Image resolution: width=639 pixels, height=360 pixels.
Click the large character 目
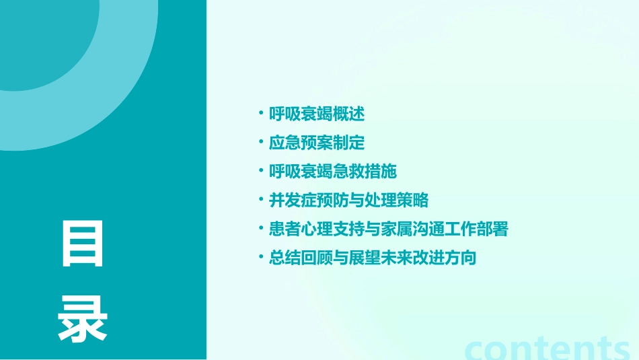tap(83, 243)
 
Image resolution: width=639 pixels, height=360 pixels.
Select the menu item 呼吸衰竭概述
tap(316, 114)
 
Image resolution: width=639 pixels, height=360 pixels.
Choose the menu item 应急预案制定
tap(316, 143)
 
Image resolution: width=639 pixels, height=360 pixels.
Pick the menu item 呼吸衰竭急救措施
tap(332, 172)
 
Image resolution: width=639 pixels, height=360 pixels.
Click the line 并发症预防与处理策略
tap(348, 201)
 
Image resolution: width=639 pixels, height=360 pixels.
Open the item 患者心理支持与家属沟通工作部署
tap(388, 229)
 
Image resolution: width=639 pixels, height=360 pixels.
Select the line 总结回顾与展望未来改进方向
tap(372, 258)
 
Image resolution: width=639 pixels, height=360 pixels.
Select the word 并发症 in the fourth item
tap(293, 201)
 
